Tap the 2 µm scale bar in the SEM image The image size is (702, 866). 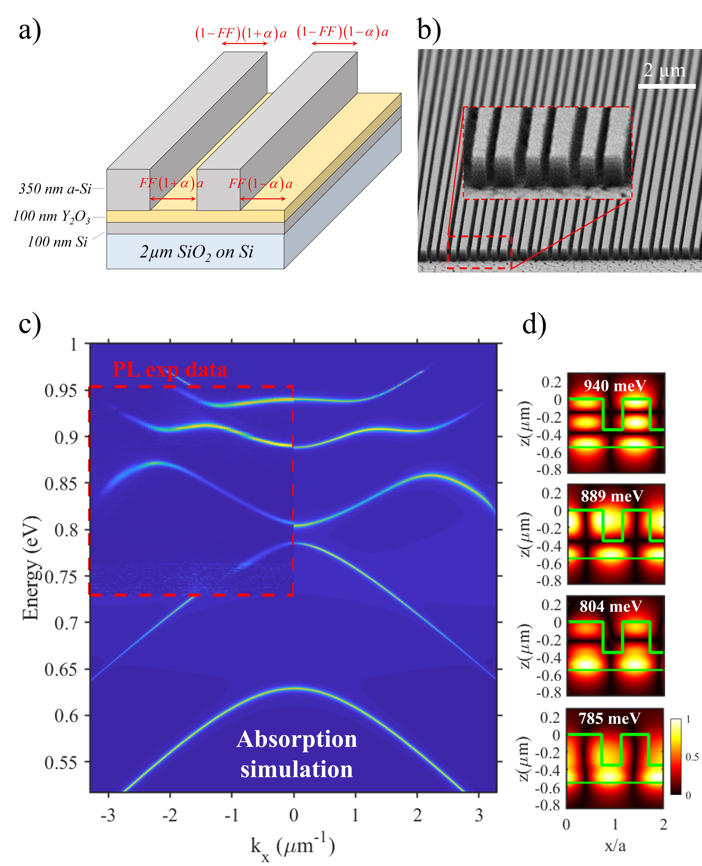[x=666, y=86]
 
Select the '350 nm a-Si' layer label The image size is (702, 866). [x=55, y=189]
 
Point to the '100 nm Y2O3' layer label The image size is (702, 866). [x=52, y=216]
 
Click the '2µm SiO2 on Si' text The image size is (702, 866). [x=197, y=252]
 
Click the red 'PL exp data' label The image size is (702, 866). [x=170, y=369]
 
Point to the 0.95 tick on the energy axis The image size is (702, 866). [x=61, y=391]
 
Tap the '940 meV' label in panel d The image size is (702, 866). [x=615, y=386]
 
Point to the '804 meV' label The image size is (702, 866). [x=611, y=606]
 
